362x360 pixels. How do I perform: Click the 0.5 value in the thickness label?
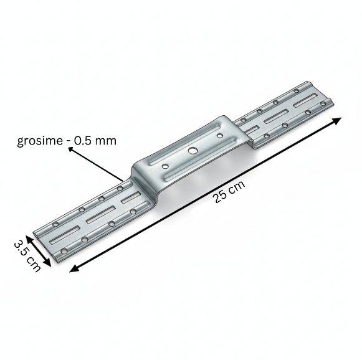coord(83,141)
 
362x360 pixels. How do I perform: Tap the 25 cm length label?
coord(229,192)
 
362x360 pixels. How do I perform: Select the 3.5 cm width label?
coord(27,256)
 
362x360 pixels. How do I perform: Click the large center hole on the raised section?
coord(192,151)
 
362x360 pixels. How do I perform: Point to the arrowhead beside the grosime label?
coord(70,150)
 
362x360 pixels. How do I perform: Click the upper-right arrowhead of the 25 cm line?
coord(337,120)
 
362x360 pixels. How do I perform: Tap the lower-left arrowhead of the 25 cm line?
coord(74,269)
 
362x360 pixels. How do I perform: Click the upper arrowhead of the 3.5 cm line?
coord(29,239)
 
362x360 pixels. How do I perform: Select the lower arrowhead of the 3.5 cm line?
coord(47,263)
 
